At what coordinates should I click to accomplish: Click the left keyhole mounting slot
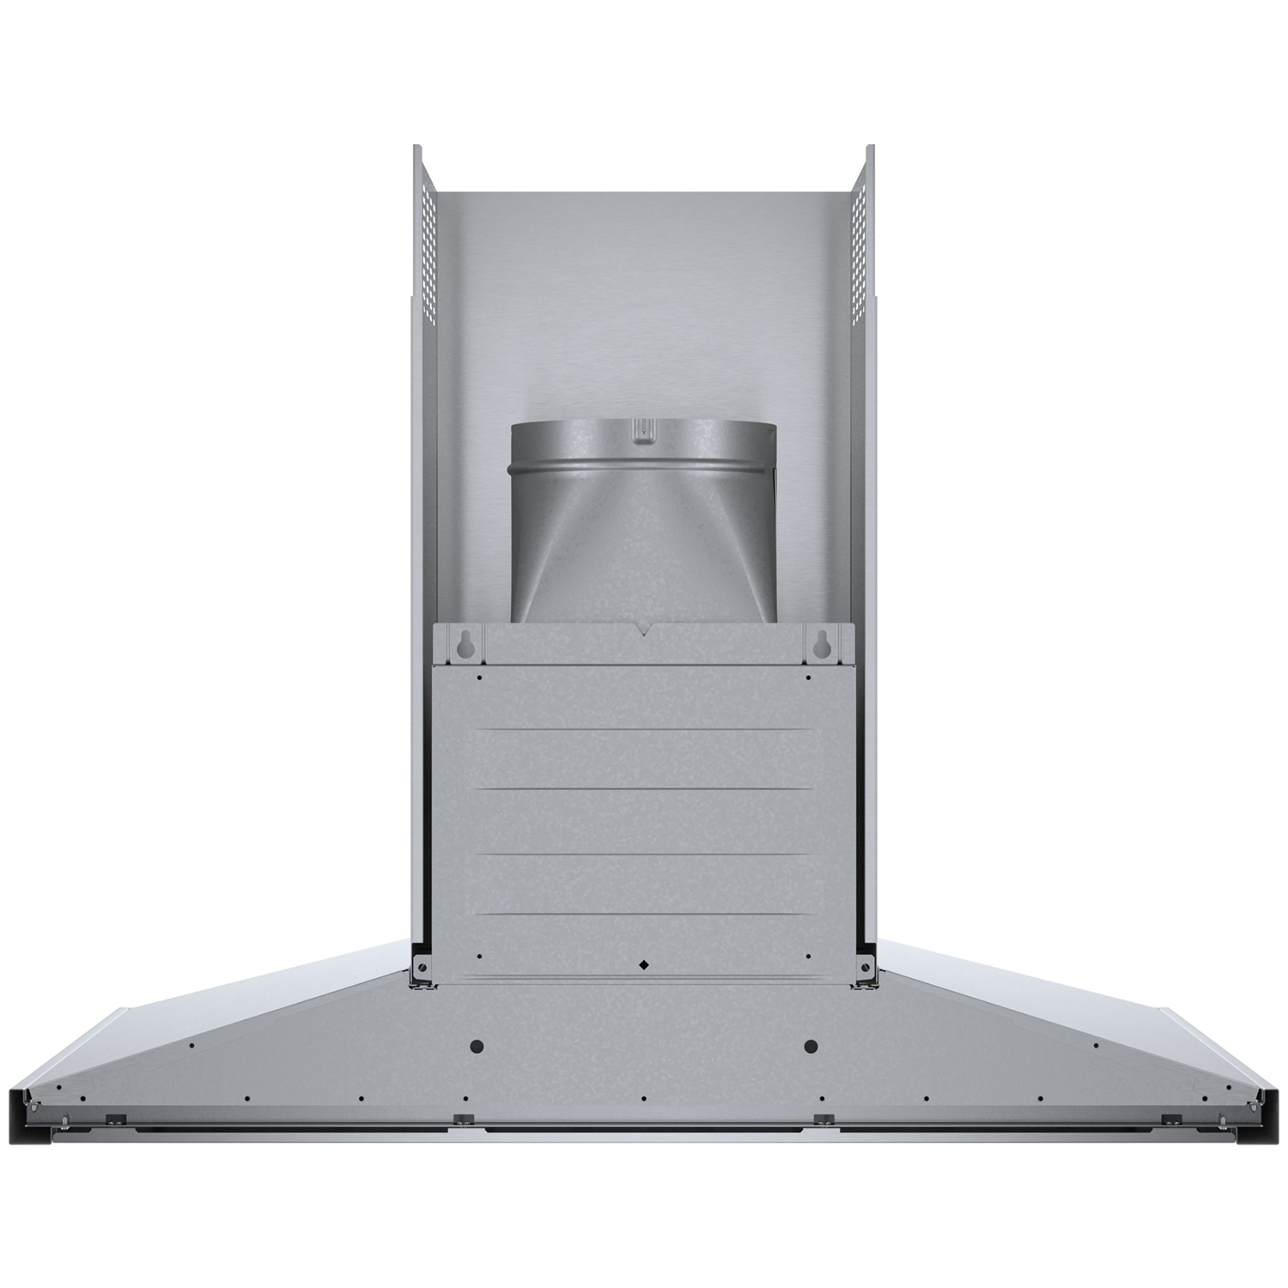[465, 644]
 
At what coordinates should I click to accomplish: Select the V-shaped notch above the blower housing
[644, 632]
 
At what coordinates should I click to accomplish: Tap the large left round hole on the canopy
[477, 1047]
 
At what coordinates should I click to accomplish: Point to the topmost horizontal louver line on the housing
[644, 732]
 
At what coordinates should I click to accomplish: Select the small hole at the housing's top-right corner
[809, 677]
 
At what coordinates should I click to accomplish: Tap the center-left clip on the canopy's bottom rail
[464, 1119]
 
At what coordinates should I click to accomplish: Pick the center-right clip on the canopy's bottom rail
[823, 1119]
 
